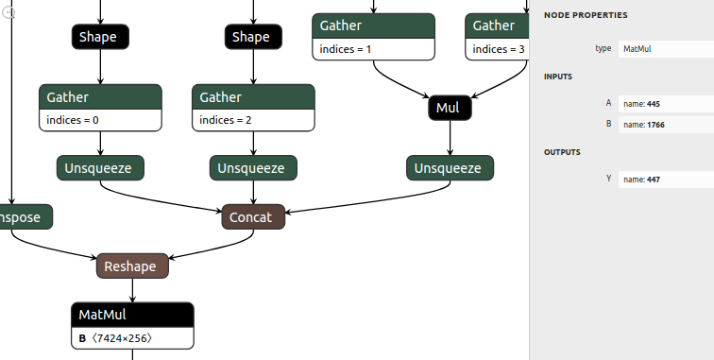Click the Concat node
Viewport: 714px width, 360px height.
(250, 217)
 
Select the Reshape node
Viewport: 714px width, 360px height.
(132, 266)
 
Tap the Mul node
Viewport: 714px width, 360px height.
(449, 109)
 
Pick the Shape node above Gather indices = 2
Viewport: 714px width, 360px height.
(250, 37)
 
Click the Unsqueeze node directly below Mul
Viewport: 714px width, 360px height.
(450, 168)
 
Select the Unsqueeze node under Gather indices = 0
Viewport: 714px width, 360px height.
(100, 168)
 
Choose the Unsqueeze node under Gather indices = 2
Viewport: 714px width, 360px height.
(253, 168)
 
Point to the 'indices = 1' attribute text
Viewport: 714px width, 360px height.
(345, 49)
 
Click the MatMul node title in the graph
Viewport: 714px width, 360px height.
(103, 315)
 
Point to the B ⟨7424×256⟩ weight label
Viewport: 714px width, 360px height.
(115, 338)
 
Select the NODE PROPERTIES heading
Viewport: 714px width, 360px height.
(586, 15)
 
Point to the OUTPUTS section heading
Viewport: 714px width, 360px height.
(562, 152)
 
